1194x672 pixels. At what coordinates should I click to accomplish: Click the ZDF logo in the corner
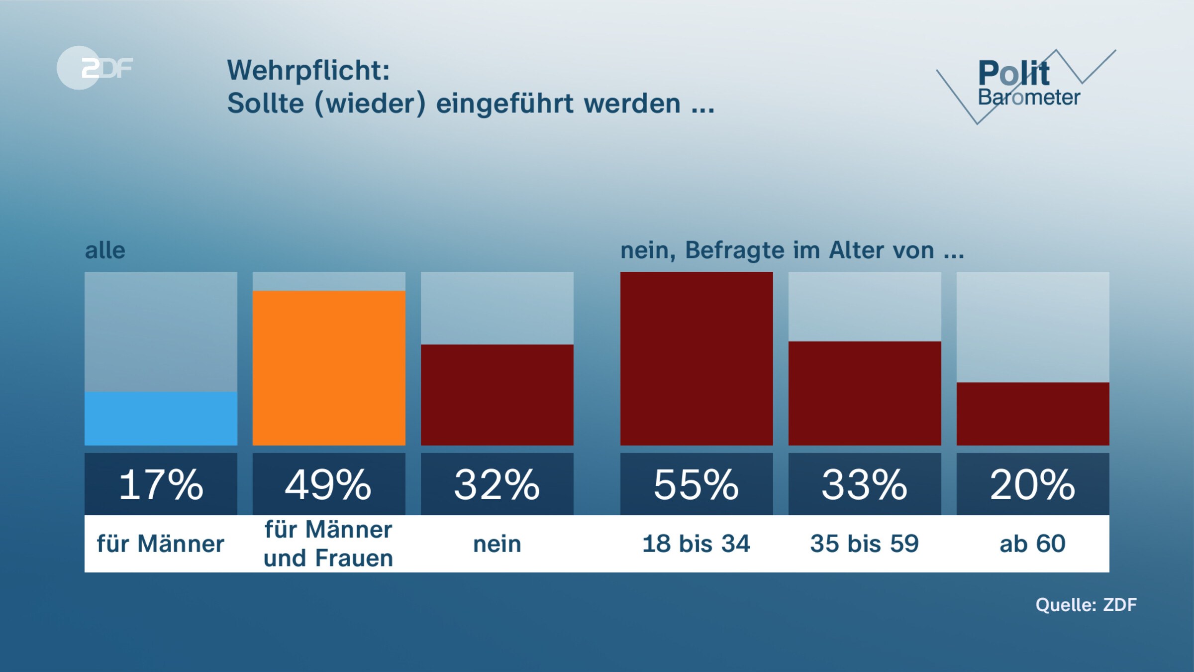pyautogui.click(x=95, y=68)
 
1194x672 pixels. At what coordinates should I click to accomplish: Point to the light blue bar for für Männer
pyautogui.click(x=161, y=418)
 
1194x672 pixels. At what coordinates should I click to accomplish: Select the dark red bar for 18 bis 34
pyautogui.click(x=696, y=358)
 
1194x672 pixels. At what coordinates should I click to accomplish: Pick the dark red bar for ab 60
pyautogui.click(x=1032, y=413)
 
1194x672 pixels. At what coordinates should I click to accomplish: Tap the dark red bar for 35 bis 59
pyautogui.click(x=864, y=393)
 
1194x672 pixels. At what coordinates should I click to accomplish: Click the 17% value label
pyautogui.click(x=161, y=484)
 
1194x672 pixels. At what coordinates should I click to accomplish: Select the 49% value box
pyautogui.click(x=329, y=484)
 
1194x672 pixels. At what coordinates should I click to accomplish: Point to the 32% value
pyautogui.click(x=497, y=484)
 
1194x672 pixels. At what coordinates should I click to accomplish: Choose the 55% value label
pyautogui.click(x=696, y=484)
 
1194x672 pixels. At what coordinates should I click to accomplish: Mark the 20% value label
pyautogui.click(x=1032, y=484)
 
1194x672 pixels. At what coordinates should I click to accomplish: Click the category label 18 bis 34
pyautogui.click(x=696, y=544)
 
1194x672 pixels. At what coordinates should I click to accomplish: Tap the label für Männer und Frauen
pyautogui.click(x=328, y=544)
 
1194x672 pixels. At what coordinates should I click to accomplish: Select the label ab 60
pyautogui.click(x=1032, y=544)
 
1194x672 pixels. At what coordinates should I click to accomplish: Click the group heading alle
pyautogui.click(x=105, y=250)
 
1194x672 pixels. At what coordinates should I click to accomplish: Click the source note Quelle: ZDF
pyautogui.click(x=1086, y=605)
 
